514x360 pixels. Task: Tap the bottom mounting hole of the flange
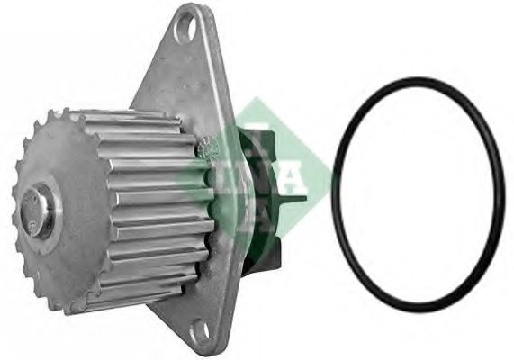pos(200,328)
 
